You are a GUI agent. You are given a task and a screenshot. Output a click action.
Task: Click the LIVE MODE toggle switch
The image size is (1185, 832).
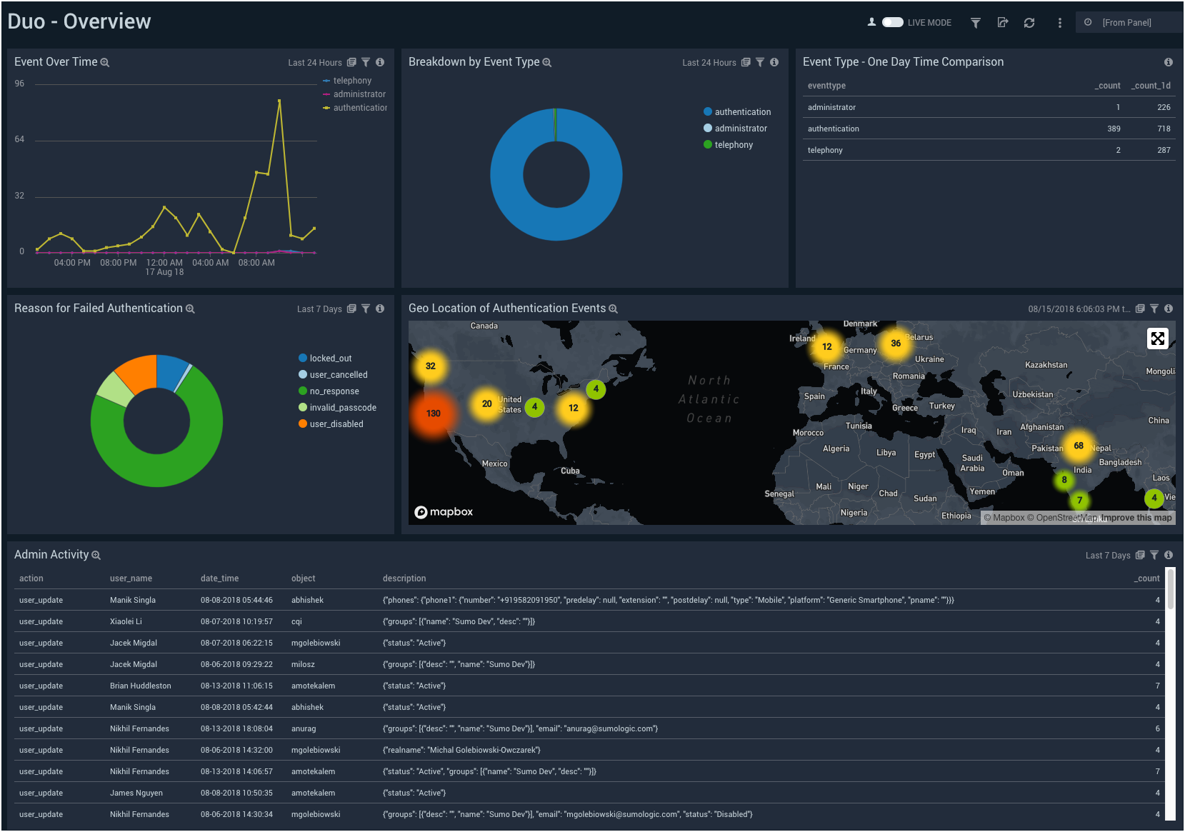click(x=892, y=22)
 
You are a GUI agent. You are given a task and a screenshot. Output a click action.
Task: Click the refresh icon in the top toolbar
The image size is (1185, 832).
click(x=1029, y=23)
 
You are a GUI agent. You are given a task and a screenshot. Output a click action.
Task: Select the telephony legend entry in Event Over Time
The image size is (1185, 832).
click(x=351, y=81)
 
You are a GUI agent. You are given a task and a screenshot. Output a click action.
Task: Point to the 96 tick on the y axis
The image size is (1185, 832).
click(x=19, y=84)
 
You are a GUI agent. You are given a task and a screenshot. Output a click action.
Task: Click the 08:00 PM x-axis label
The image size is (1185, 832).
click(x=118, y=263)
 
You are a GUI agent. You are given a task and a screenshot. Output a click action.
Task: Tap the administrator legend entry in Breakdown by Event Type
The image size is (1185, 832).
click(x=740, y=129)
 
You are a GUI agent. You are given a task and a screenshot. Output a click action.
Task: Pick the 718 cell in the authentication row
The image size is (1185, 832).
click(x=1164, y=129)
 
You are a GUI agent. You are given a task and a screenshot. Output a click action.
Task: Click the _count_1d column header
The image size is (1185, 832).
click(x=1150, y=86)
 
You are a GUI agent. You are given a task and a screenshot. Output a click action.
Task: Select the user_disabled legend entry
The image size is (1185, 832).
click(x=336, y=424)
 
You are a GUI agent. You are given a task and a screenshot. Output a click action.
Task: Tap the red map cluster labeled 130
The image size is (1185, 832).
click(x=433, y=414)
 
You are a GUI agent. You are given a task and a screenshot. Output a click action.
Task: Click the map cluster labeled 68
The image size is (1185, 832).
click(x=1078, y=446)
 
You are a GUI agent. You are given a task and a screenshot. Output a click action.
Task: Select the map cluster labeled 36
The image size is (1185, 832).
click(x=895, y=344)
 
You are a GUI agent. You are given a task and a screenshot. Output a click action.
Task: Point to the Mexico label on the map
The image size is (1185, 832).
click(x=494, y=463)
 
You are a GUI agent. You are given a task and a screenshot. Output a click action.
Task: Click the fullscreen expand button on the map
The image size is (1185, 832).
click(x=1157, y=339)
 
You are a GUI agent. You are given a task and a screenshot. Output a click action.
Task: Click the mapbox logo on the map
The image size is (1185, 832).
click(x=444, y=512)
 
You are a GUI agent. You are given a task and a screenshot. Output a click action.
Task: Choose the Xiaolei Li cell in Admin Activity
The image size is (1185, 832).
click(x=126, y=621)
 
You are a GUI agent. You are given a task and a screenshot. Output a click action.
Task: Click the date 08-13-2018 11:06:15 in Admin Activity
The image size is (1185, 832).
click(x=236, y=686)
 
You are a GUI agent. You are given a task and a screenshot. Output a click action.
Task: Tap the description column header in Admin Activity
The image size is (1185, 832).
click(x=404, y=578)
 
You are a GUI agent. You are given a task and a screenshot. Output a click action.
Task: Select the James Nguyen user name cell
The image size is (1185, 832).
click(x=136, y=793)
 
